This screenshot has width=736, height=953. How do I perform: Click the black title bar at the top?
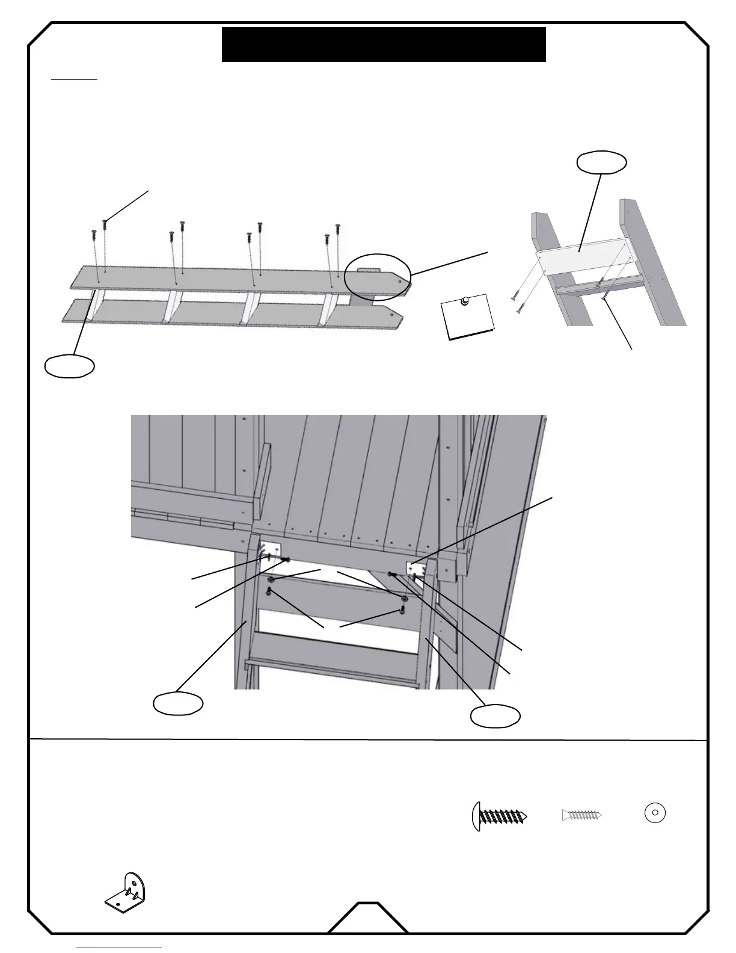[384, 45]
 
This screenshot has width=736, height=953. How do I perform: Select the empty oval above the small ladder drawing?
[601, 162]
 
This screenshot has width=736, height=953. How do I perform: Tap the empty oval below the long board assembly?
[70, 366]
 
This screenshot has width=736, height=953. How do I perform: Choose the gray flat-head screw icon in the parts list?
[581, 815]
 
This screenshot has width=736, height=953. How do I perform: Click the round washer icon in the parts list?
[655, 813]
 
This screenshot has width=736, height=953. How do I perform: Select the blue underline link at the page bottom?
[120, 948]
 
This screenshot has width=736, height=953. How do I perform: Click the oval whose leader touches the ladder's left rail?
[177, 703]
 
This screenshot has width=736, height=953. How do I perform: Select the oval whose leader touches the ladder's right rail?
[495, 716]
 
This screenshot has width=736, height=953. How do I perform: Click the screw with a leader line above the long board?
[105, 223]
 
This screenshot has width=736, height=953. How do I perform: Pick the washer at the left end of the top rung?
[272, 580]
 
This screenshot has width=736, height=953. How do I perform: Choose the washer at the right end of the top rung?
[405, 599]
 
